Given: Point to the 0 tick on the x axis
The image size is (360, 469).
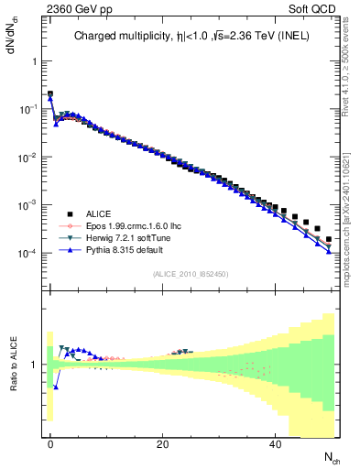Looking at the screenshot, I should coord(50,443).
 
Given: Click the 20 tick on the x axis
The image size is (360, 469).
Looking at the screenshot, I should coord(162,443).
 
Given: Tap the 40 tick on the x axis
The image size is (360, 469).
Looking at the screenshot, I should coord(275,443).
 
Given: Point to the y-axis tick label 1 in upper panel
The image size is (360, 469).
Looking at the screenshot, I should coord(34,60).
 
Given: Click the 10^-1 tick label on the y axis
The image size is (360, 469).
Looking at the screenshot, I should coord(29,108).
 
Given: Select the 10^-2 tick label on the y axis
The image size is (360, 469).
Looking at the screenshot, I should coord(29,157).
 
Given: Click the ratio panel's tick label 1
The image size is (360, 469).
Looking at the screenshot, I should coord(34,365).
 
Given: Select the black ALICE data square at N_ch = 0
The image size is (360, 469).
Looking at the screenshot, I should coord(50,93).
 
